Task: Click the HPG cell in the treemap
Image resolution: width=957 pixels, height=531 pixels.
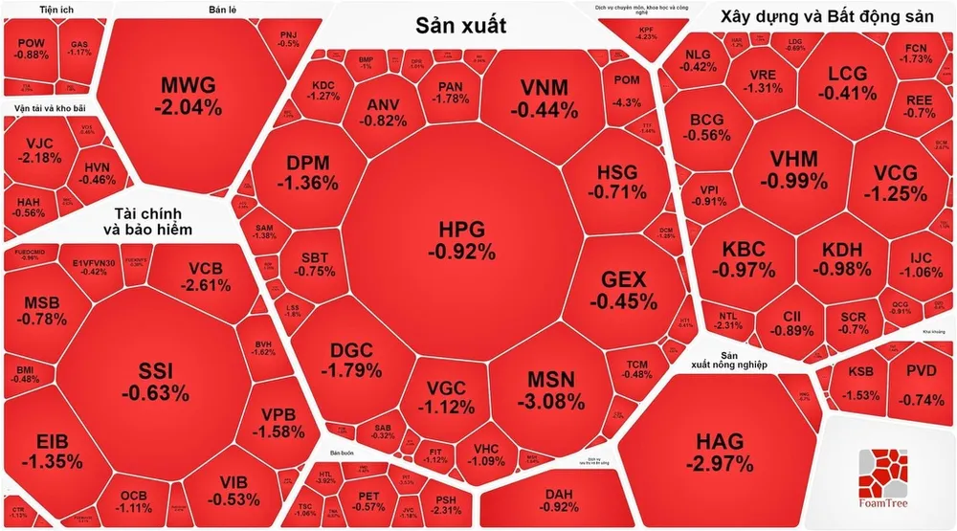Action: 461,239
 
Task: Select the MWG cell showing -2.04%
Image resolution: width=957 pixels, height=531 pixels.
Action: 188,94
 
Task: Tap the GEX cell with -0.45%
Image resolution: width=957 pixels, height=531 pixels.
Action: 623,291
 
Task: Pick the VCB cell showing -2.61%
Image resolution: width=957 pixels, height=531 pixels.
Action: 207,276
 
